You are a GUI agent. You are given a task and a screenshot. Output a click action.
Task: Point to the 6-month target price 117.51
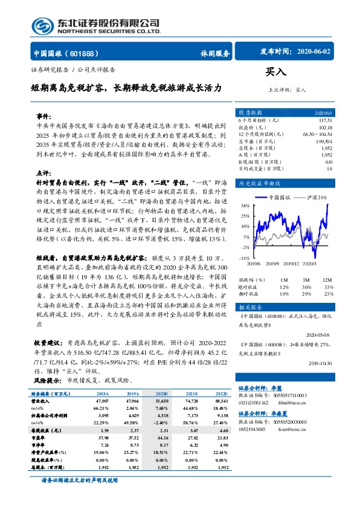click(325, 120)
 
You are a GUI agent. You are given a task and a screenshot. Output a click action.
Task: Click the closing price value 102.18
click(326, 127)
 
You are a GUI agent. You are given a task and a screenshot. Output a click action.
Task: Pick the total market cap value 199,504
click(324, 141)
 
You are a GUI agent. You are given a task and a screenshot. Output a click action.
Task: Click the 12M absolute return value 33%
click(328, 287)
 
